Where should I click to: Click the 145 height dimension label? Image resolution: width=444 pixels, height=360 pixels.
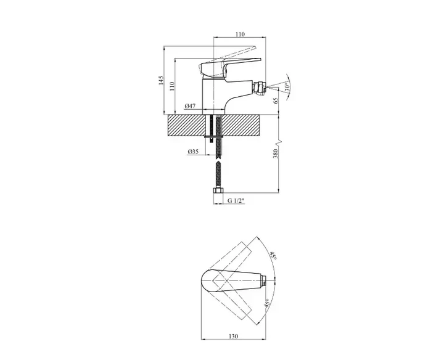point(161,80)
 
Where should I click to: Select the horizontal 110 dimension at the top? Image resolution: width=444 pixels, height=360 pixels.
point(239,35)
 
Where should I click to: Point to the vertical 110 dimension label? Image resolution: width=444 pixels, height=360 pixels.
point(171,86)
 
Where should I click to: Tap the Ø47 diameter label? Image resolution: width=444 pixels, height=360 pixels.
point(190,106)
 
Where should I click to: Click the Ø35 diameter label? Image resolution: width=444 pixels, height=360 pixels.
point(193,152)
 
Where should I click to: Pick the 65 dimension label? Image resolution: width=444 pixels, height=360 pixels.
point(276,100)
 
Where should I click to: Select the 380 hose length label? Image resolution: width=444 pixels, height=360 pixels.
point(276,153)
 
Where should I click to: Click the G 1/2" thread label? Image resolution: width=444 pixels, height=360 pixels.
point(236,201)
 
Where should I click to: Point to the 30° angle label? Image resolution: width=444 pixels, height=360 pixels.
point(287,87)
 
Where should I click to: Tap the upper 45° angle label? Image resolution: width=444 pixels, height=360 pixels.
point(273,256)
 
